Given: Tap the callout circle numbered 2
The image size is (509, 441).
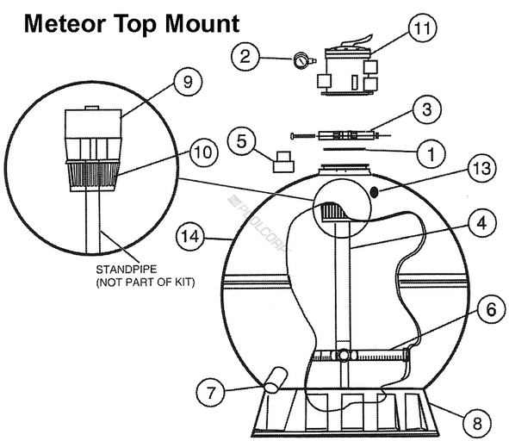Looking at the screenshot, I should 246,57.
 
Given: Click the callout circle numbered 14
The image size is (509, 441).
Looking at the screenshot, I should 190,234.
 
